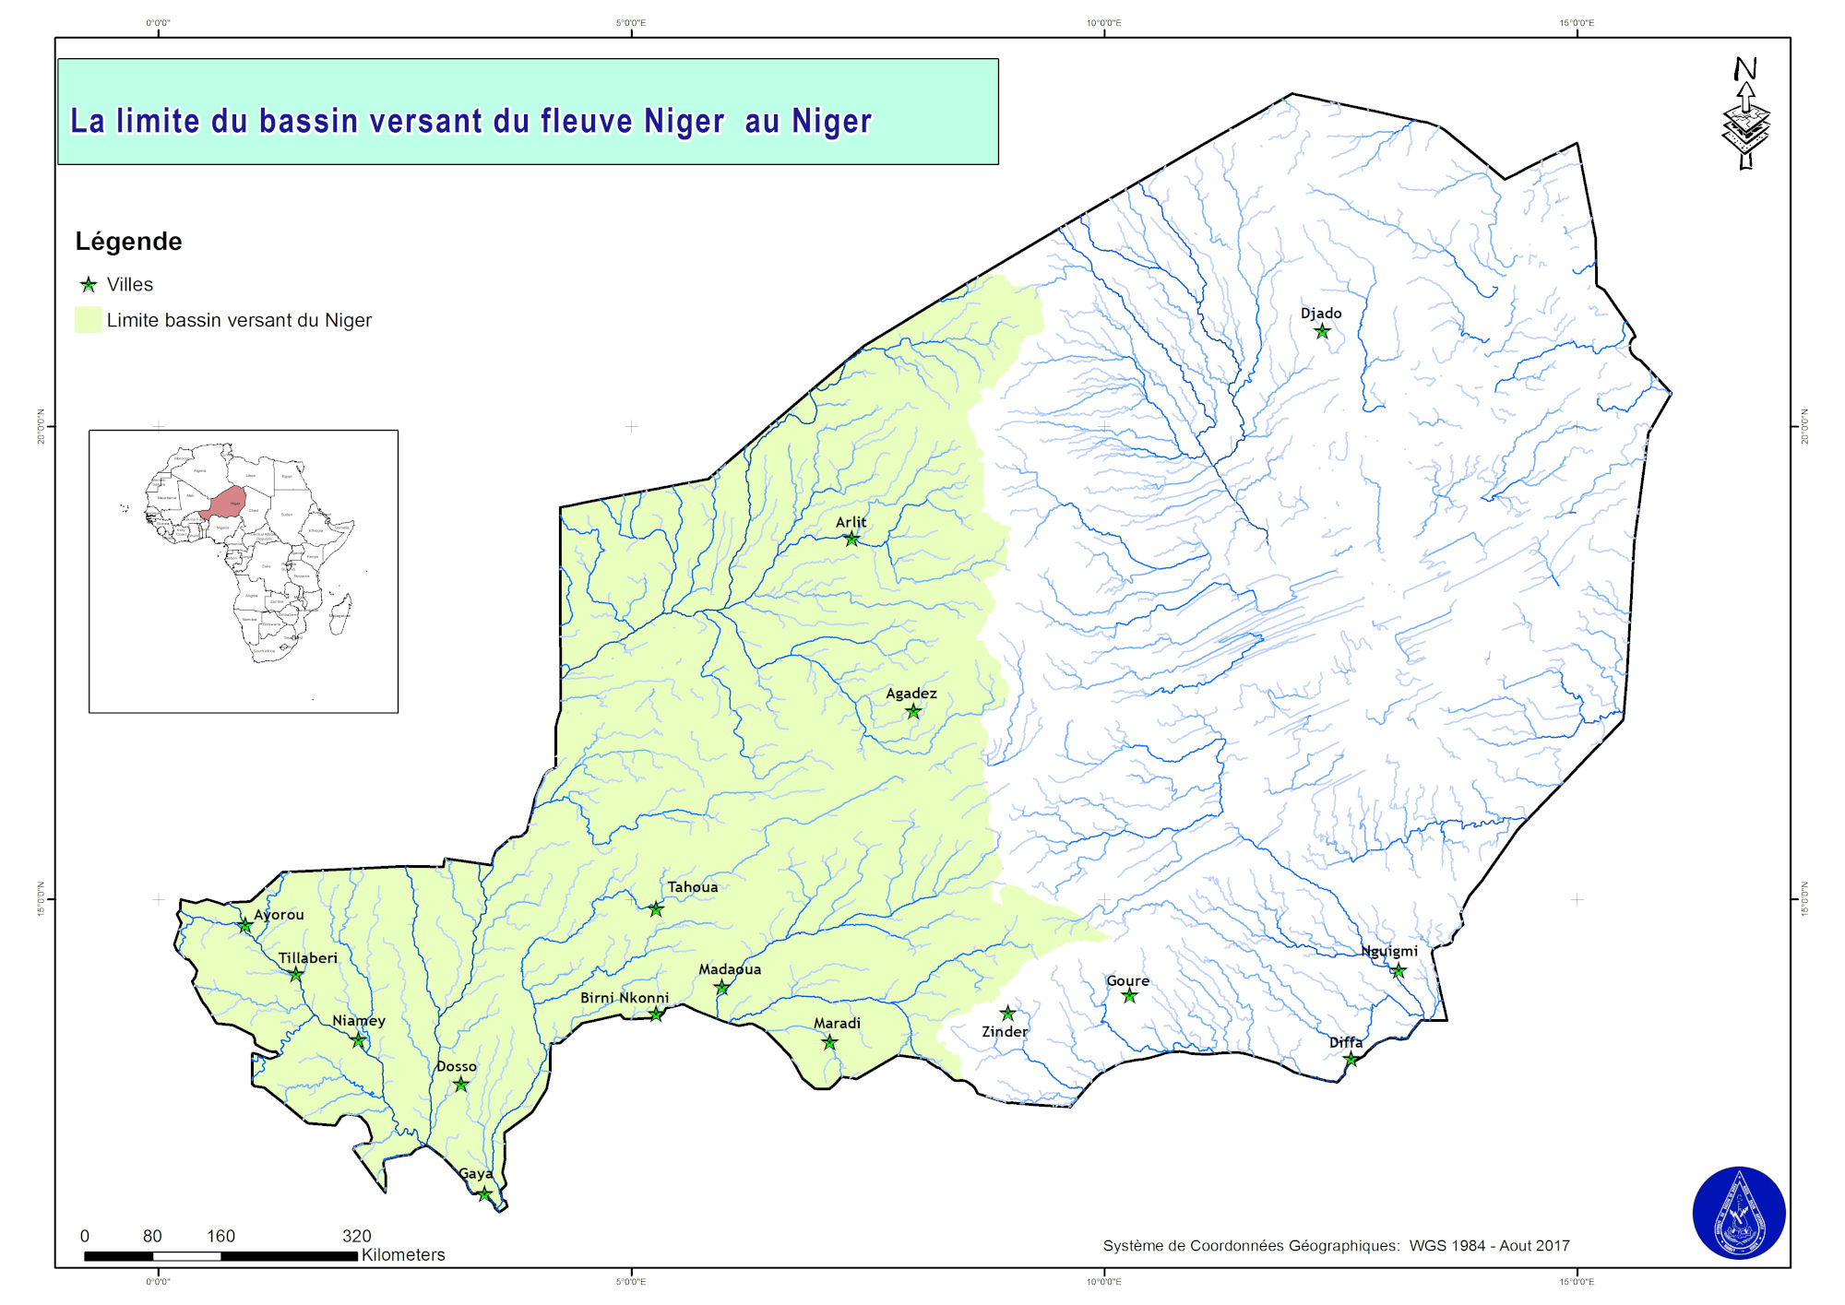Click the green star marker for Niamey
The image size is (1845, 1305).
[x=359, y=1040]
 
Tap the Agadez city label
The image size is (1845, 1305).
[x=911, y=694]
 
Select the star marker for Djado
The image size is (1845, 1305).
[x=1322, y=331]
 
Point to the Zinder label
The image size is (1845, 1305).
[x=1004, y=1032]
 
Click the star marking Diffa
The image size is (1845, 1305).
[x=1351, y=1060]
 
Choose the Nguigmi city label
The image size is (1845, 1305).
[x=1389, y=952]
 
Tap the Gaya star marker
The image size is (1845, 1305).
[x=484, y=1194]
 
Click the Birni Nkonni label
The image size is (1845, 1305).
[x=625, y=998]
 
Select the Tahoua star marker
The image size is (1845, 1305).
[x=656, y=909]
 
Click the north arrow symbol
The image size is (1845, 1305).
[x=1745, y=115]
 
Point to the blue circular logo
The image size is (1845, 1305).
[x=1739, y=1213]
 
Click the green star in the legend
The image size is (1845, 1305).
[x=89, y=285]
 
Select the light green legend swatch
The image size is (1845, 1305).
[x=88, y=320]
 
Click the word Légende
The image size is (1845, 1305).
[x=128, y=242]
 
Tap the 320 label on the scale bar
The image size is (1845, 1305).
[x=356, y=1236]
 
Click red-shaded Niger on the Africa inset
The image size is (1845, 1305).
[x=224, y=503]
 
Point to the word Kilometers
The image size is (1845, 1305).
[x=403, y=1255]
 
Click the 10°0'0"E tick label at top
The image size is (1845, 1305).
[x=1103, y=23]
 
